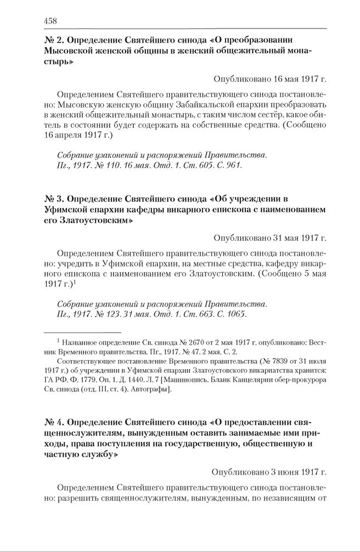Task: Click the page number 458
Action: point(50,21)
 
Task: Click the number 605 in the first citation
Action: point(203,165)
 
